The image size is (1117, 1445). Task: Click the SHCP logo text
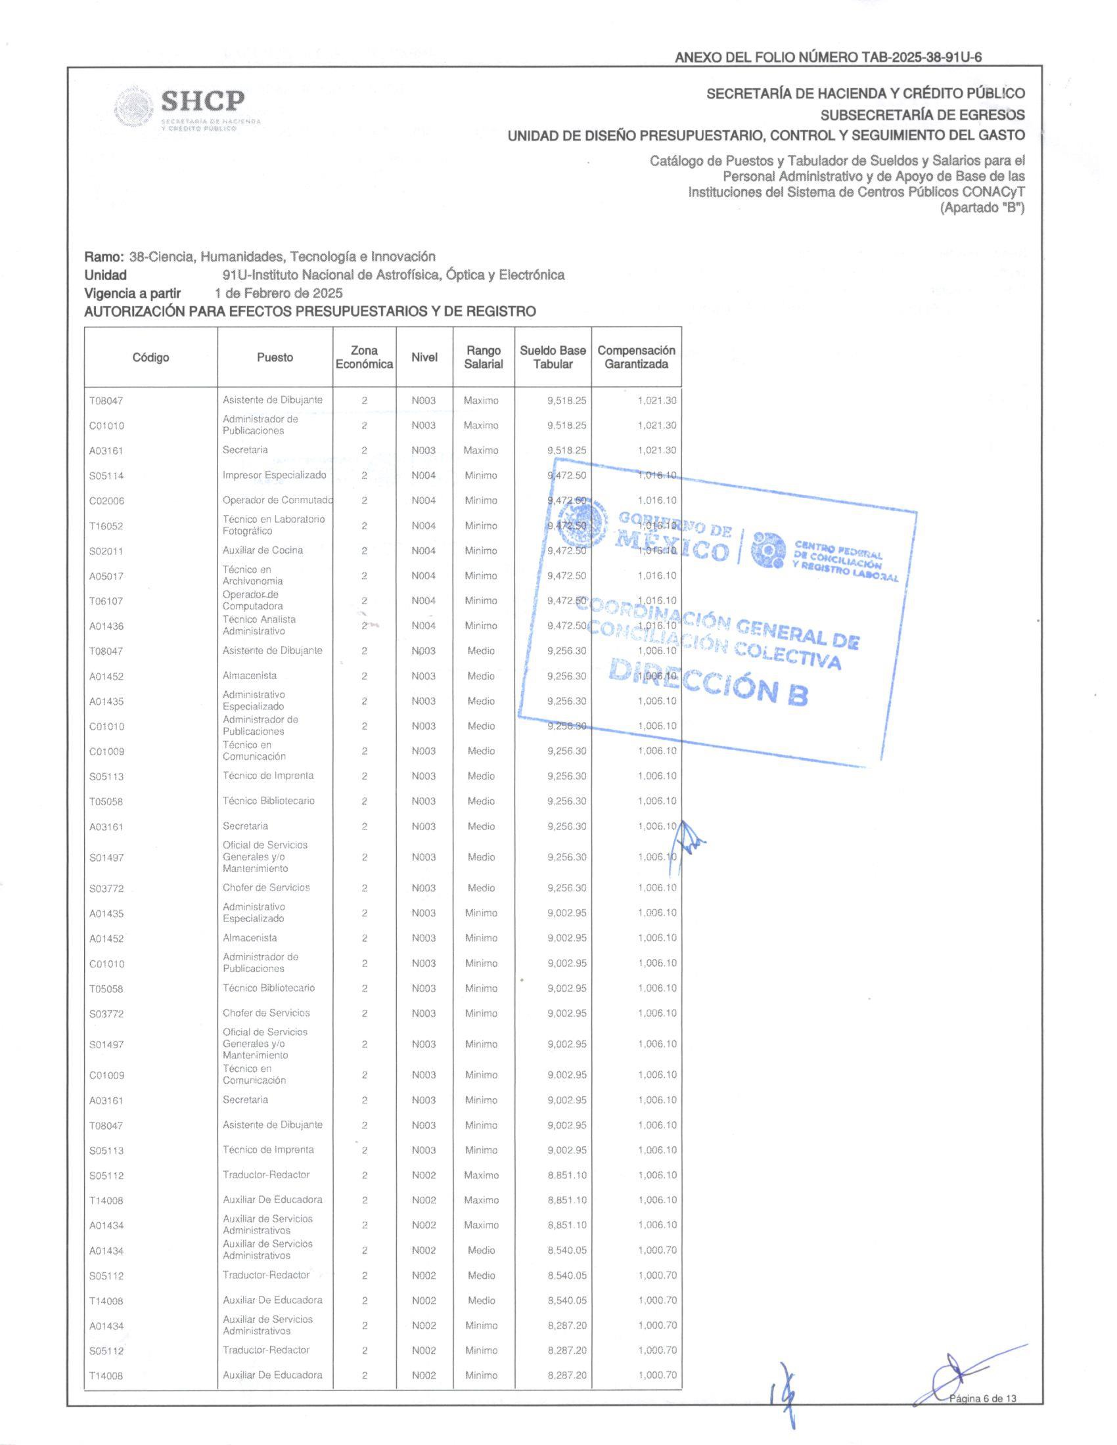point(202,101)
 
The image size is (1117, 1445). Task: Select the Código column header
point(151,357)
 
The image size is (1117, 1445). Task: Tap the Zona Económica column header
point(364,357)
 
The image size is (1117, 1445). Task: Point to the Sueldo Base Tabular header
point(553,357)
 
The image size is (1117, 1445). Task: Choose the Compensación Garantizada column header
point(636,357)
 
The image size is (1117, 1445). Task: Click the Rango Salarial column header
point(483,357)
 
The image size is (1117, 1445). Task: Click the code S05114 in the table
point(106,476)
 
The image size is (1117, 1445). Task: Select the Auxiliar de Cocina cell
point(263,550)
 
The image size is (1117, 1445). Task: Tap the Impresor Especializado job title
point(274,475)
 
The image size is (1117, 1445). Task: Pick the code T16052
point(106,526)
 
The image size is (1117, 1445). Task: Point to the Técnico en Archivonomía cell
point(252,575)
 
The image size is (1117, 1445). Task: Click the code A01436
point(106,626)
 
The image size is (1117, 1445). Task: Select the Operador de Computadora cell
point(252,600)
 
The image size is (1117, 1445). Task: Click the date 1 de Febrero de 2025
point(278,292)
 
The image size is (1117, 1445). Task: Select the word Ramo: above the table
point(104,257)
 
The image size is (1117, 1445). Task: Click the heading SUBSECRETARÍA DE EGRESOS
point(923,114)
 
